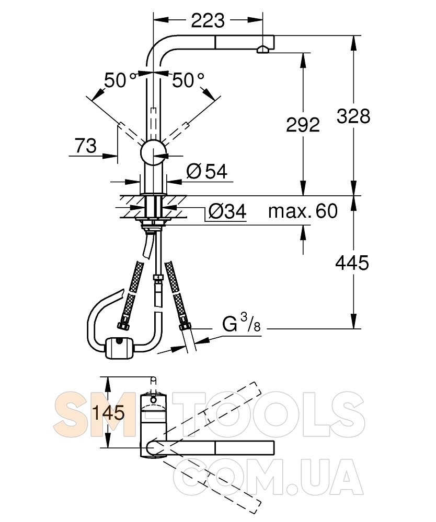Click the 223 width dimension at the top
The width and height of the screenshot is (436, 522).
coord(208,21)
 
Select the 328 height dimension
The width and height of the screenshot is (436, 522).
coord(353,116)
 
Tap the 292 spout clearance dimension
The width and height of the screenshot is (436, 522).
coord(303,125)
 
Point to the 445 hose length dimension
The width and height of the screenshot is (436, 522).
coord(352,263)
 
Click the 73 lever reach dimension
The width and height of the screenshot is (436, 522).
coord(86,146)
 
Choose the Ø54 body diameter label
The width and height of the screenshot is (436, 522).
coord(206,171)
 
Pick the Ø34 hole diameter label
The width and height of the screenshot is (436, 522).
coord(227,211)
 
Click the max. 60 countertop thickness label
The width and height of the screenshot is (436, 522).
coord(303,211)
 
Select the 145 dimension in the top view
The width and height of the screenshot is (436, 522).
coord(108,413)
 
